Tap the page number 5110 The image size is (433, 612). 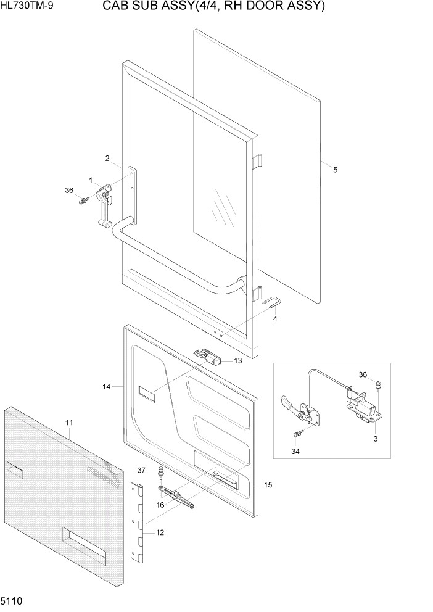[13, 601]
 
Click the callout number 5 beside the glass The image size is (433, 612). [335, 170]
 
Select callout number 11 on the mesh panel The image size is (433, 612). [69, 423]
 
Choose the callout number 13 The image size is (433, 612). [237, 360]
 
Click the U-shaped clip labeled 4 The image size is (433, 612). [273, 304]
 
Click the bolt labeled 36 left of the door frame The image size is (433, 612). [82, 201]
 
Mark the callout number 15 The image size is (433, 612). [268, 485]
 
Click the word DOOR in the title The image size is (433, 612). [265, 7]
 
